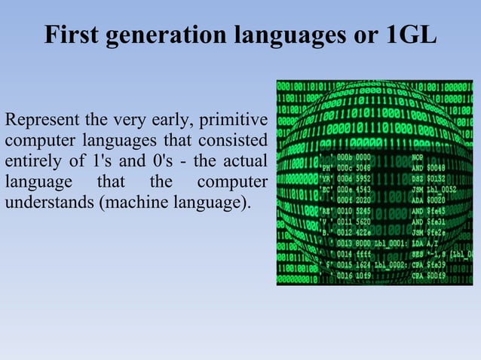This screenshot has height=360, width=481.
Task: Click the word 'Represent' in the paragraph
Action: pos(38,120)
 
